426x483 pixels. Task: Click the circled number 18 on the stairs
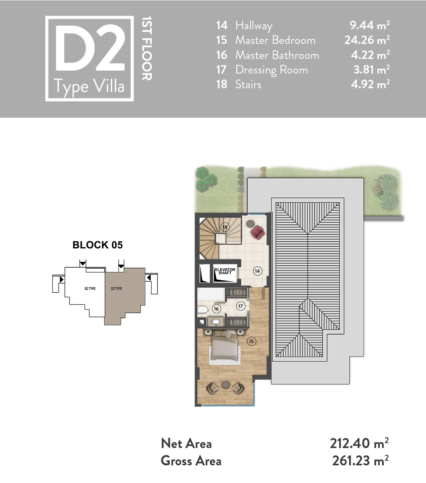point(225,227)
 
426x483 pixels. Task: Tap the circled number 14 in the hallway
point(257,271)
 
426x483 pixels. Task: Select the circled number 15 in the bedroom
point(251,341)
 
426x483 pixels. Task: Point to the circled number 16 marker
point(216,309)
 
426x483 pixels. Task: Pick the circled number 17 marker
point(240,306)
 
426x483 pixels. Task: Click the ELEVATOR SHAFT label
point(225,271)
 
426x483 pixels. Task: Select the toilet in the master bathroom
point(203,310)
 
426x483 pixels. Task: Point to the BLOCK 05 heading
point(98,245)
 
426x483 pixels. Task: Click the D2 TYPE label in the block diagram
point(116,289)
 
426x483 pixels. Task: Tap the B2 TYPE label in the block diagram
point(90,289)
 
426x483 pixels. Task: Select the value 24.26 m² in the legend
point(367,40)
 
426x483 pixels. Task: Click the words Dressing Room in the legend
point(272,70)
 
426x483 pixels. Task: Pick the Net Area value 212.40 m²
point(359,443)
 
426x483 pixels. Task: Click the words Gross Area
point(191,461)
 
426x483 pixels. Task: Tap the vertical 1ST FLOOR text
point(147,48)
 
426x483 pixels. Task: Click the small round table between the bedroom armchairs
point(226,384)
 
